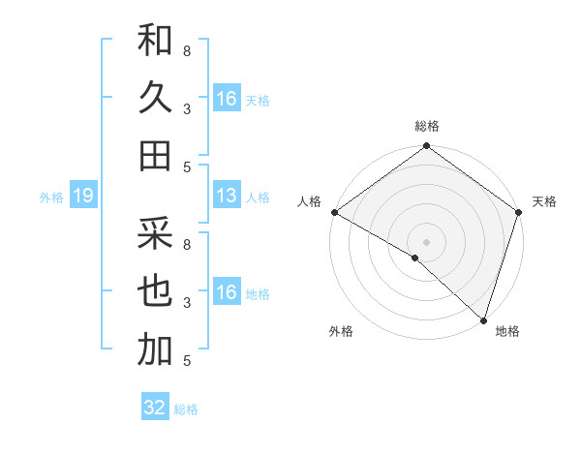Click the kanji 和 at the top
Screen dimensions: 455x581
[x=155, y=41]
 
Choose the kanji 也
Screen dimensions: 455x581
[x=155, y=291]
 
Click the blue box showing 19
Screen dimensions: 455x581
[x=82, y=197]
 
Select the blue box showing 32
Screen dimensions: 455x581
[x=155, y=408]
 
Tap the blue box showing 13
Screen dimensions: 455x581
[x=227, y=197]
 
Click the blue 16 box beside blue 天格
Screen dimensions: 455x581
[x=227, y=99]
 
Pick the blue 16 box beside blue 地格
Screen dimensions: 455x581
[x=227, y=292]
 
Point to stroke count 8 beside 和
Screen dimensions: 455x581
[x=187, y=50]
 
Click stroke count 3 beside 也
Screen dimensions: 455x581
[x=187, y=302]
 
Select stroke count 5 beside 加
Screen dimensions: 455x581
[x=187, y=360]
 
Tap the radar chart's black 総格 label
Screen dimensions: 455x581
[x=427, y=127]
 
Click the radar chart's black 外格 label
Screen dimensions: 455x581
[x=341, y=332]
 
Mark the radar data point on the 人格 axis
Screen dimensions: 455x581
[x=334, y=212]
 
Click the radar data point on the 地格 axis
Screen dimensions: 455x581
[x=483, y=319]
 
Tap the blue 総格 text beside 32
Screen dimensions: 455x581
[x=186, y=409]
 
